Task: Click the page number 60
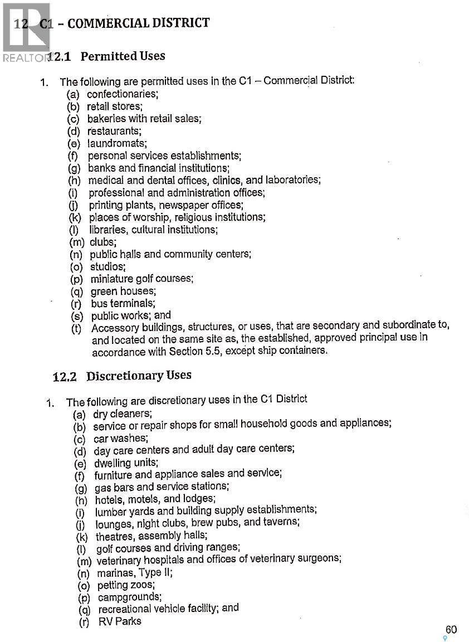pyautogui.click(x=451, y=629)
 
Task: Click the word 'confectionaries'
pyautogui.click(x=122, y=94)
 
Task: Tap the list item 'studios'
pyautogui.click(x=108, y=266)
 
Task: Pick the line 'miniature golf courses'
pyautogui.click(x=142, y=279)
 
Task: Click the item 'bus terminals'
pyautogui.click(x=123, y=304)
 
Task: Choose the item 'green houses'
pyautogui.click(x=123, y=291)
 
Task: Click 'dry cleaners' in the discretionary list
pyautogui.click(x=122, y=414)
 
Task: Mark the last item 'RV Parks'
pyautogui.click(x=120, y=621)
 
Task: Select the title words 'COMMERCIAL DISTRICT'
pyautogui.click(x=139, y=23)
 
